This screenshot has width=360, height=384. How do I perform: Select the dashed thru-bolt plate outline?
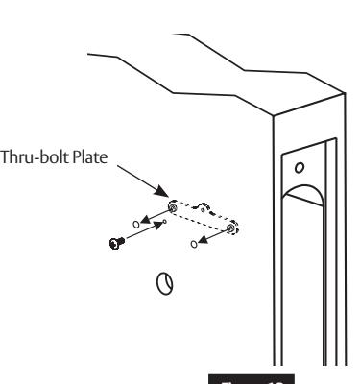click(203, 215)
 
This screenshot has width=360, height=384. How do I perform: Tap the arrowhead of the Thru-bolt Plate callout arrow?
click(168, 197)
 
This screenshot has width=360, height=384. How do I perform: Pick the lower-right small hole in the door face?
click(196, 245)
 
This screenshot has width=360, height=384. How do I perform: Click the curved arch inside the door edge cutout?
click(306, 198)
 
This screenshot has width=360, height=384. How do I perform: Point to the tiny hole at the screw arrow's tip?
click(164, 222)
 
